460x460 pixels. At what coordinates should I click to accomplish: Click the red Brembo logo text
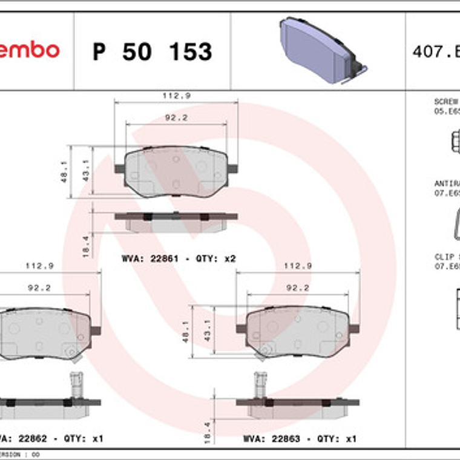coord(30,50)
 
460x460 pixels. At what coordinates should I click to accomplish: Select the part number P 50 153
coord(152,52)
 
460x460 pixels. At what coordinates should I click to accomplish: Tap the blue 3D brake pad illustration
coord(320,50)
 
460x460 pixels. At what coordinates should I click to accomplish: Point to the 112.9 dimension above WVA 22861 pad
coord(176,96)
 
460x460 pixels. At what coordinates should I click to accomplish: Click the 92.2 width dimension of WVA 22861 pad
coord(176,118)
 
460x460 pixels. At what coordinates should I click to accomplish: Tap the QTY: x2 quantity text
coord(215,258)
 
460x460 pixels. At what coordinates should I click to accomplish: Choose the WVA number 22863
coord(287,439)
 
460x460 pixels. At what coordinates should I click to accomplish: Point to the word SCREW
coord(446,102)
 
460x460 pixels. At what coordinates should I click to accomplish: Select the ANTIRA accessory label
coord(447,183)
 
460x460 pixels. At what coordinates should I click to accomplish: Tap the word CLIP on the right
coord(444,257)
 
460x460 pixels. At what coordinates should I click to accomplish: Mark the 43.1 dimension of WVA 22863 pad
coord(207,331)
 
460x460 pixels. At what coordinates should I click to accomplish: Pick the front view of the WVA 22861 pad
coord(176,171)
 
